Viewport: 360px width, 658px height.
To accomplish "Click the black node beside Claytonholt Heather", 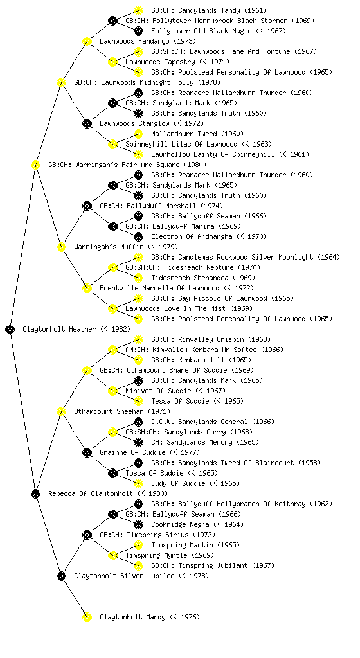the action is [10, 329].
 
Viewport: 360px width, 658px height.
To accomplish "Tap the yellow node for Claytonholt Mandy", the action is [87, 617].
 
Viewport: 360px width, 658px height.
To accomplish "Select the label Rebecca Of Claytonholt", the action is [91, 493].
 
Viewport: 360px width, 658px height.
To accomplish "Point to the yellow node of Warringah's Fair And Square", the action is [35, 164].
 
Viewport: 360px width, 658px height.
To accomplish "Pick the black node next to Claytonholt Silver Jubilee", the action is [61, 576].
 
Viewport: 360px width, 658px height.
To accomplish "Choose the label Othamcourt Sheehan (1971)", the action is [122, 411].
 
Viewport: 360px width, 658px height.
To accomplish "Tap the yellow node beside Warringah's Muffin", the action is [61, 247].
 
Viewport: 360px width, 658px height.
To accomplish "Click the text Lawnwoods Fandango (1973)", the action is [148, 41].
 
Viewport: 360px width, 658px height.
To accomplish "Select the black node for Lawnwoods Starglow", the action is [87, 123].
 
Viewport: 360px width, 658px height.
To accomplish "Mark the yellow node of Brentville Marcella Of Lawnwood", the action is [87, 288].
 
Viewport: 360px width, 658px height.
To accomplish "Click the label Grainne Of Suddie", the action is [132, 452].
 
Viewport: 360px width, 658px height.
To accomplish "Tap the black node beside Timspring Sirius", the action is [87, 535].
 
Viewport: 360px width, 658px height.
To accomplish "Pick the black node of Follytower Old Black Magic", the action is [138, 31].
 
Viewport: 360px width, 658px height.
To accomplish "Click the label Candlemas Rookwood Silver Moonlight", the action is [246, 257].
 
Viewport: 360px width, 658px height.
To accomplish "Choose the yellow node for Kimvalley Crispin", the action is [138, 339].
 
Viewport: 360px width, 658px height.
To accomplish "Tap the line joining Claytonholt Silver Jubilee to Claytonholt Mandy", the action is [74, 596].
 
